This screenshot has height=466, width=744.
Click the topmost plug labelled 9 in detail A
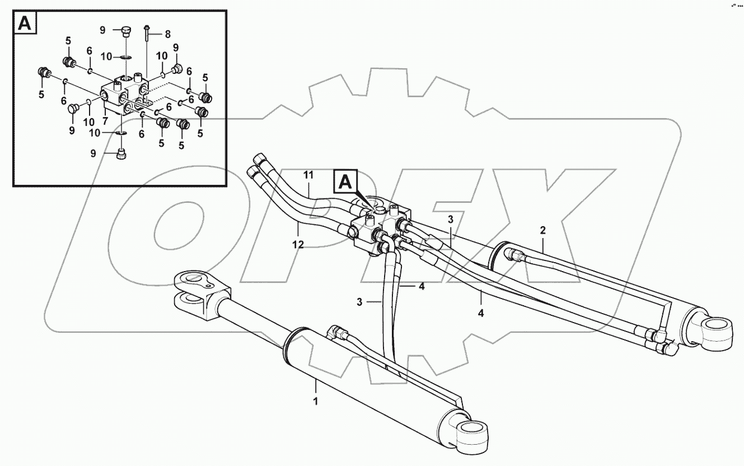click(x=124, y=31)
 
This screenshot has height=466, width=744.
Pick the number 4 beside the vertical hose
click(x=422, y=286)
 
